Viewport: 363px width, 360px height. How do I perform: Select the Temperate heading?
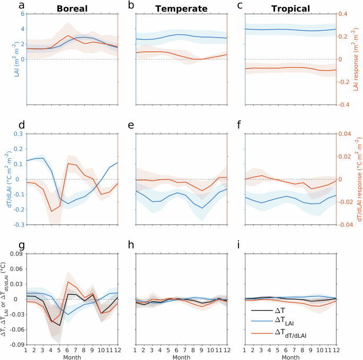tap(181, 8)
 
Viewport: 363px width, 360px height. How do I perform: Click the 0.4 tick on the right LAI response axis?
tap(344, 14)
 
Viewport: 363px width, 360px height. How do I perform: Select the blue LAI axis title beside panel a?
tap(5, 59)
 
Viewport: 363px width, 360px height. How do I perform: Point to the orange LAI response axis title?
tap(358, 59)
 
